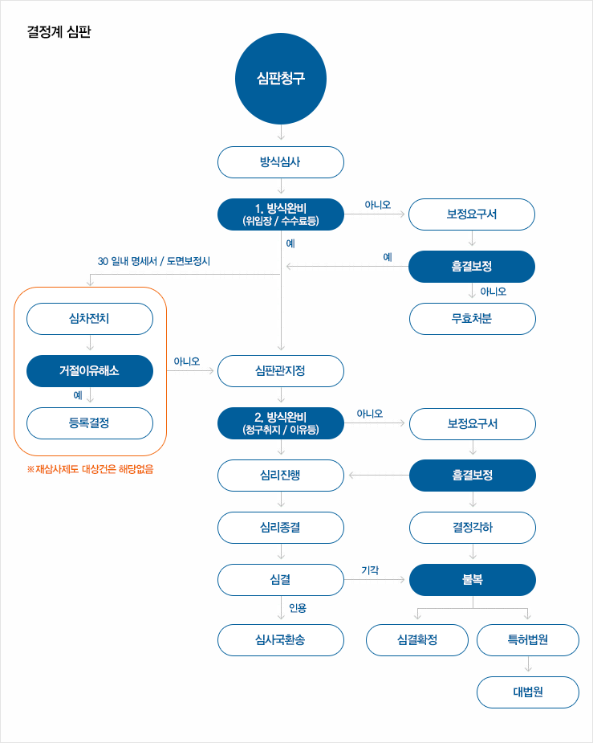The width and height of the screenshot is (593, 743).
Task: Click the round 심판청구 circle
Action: (281, 78)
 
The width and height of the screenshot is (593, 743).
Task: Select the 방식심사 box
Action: (281, 162)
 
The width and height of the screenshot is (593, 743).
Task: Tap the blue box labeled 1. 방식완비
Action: (281, 214)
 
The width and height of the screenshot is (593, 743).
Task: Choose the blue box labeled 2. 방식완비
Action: (281, 423)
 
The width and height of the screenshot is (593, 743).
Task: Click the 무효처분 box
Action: (472, 319)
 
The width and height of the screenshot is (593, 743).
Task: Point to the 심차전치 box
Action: (90, 319)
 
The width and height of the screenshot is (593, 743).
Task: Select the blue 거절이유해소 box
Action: (90, 371)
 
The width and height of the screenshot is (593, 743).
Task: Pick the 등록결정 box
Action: (90, 423)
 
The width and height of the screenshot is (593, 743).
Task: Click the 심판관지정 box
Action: (281, 371)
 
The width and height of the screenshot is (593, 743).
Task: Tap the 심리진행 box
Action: (281, 476)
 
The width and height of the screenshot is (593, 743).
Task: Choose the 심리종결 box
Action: (281, 528)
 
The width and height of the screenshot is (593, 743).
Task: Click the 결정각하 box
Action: (472, 528)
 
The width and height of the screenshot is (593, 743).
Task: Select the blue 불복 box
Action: (472, 580)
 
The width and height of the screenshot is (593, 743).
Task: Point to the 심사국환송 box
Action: (281, 640)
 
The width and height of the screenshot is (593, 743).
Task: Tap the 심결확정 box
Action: (417, 640)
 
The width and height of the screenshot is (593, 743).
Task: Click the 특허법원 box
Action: (528, 640)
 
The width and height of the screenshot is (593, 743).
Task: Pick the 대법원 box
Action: (528, 692)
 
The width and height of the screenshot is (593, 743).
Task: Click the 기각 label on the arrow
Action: (370, 570)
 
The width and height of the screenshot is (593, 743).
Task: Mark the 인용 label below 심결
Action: (297, 608)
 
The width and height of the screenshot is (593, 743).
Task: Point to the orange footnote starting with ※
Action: (90, 469)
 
